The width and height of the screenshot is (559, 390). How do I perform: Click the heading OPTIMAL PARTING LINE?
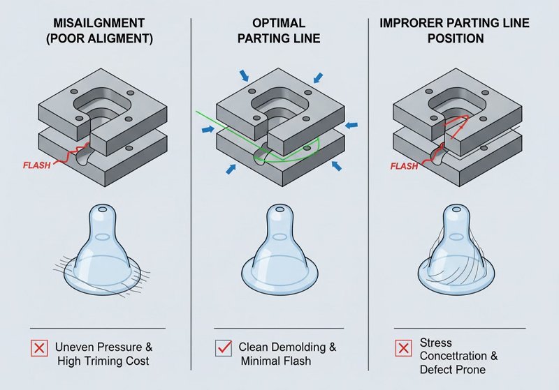[x=278, y=30]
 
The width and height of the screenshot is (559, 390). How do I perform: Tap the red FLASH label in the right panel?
[x=403, y=167]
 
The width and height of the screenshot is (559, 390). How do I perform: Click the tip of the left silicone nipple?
[x=101, y=210]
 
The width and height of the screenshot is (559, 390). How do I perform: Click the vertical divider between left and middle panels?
[x=191, y=188]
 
